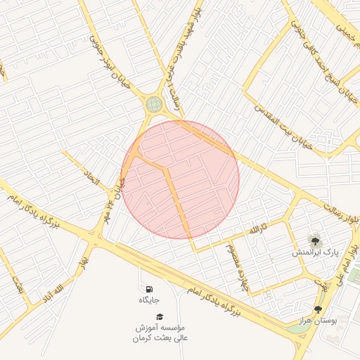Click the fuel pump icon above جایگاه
[x=149, y=289]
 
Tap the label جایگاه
[x=149, y=300]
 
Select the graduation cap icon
[x=160, y=317]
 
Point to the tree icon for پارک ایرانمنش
[x=314, y=240]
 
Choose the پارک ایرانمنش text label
[x=315, y=252]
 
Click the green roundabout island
[x=154, y=105]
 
